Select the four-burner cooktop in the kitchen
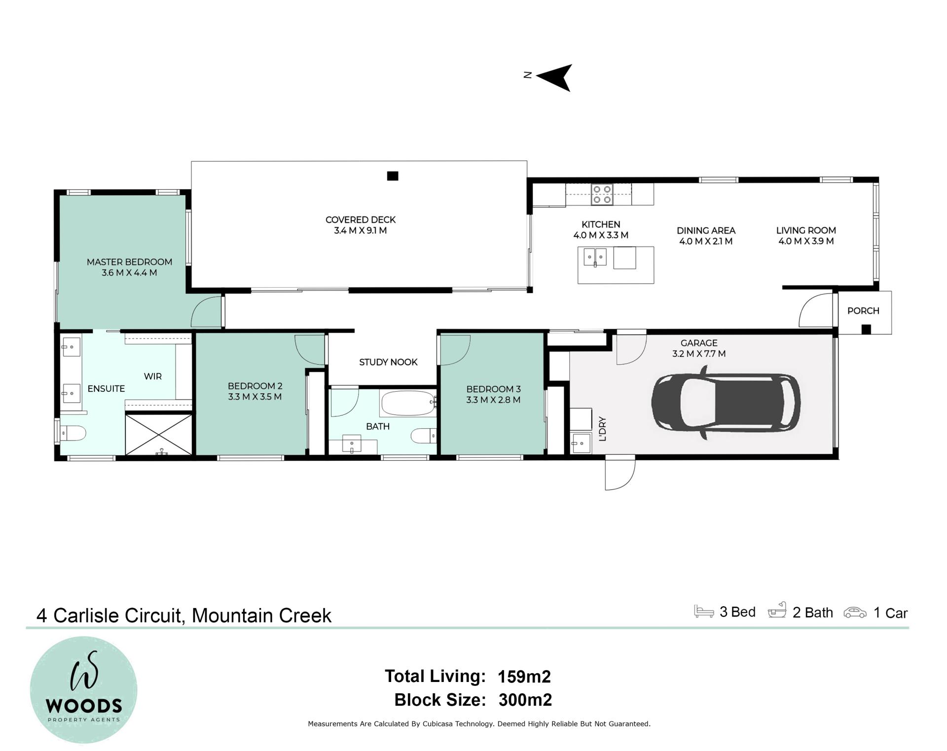[x=602, y=194]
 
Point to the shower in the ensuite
[x=159, y=434]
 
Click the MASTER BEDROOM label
[x=129, y=262]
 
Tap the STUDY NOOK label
[x=388, y=362]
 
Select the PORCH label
[x=863, y=311]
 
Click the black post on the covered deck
[x=393, y=176]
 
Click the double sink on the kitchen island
[x=595, y=257]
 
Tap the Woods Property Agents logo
[x=83, y=690]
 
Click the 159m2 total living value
[x=524, y=677]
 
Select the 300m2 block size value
[x=525, y=700]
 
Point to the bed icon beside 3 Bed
[x=704, y=611]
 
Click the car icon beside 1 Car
[x=855, y=613]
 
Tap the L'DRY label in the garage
[x=602, y=429]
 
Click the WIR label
[x=153, y=376]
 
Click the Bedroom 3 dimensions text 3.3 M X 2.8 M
[x=493, y=400]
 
